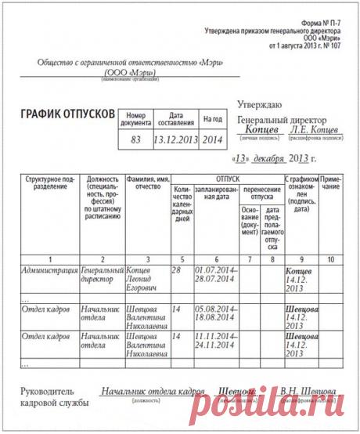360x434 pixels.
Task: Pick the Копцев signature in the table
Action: coord(301,269)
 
